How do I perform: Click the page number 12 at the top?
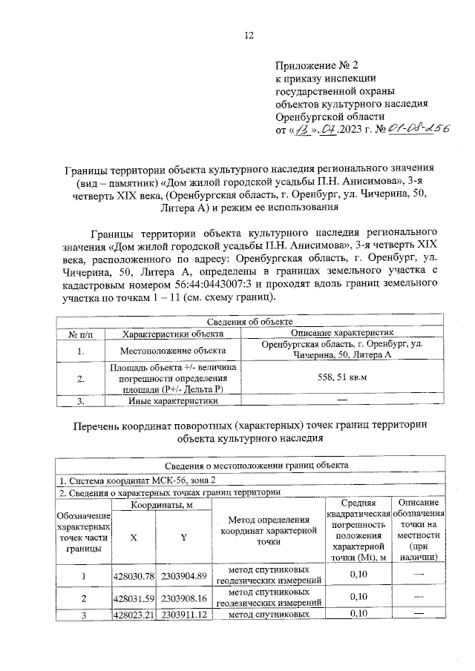(x=249, y=35)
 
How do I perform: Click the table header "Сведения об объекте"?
(x=248, y=322)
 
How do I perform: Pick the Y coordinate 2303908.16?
(x=183, y=598)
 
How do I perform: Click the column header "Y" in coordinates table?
(x=183, y=538)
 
